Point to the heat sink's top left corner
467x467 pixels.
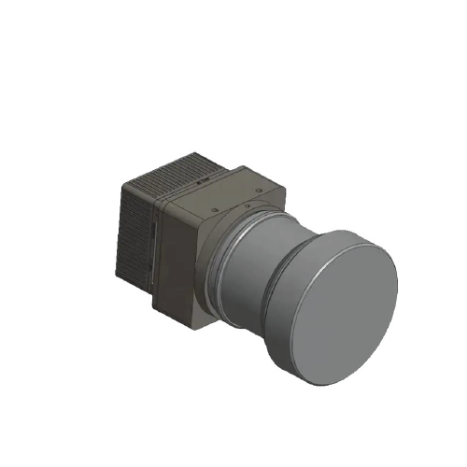point(122,187)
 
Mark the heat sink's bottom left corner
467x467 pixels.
point(119,275)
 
